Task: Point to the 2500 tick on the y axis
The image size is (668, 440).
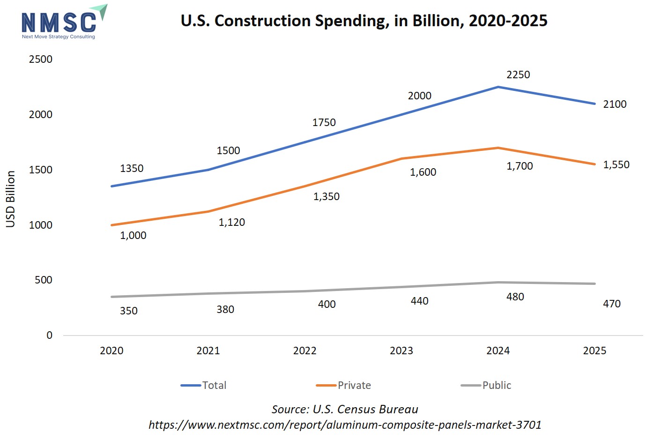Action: point(41,60)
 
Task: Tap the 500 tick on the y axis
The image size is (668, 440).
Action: point(43,280)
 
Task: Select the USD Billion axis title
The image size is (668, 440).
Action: point(11,199)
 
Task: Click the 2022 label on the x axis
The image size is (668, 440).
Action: point(304,351)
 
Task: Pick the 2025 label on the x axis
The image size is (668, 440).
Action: point(594,351)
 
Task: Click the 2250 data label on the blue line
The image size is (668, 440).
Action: point(518,75)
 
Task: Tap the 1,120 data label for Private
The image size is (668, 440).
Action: point(232,223)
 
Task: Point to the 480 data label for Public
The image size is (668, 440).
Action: point(515,297)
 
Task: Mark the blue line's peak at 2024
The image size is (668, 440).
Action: point(498,87)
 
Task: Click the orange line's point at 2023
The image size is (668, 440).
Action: point(401,159)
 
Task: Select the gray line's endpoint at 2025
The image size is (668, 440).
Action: point(594,284)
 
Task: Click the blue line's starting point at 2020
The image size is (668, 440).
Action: point(111,186)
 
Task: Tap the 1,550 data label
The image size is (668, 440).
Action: point(616,165)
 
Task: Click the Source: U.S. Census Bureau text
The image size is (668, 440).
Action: point(345,410)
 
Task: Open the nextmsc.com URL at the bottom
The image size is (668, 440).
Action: point(345,425)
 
